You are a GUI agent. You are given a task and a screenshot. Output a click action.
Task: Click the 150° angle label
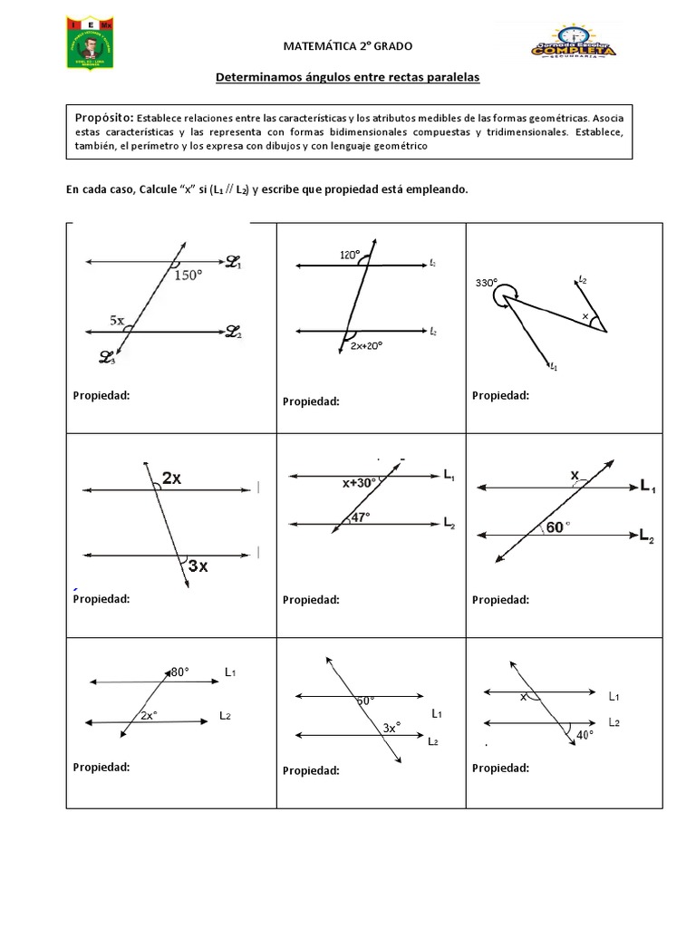(197, 276)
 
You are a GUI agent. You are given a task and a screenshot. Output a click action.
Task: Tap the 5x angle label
(117, 320)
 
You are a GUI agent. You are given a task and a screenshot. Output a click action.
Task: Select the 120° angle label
(350, 255)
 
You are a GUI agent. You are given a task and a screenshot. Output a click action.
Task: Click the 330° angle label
(486, 283)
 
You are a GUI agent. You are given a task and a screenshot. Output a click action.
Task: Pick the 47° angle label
(360, 517)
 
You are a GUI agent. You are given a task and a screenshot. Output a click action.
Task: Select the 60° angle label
(557, 527)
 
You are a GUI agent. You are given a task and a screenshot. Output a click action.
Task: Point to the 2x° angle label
(150, 715)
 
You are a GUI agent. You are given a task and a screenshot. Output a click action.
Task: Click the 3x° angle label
(391, 727)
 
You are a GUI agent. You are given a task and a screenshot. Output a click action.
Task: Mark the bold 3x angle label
(198, 566)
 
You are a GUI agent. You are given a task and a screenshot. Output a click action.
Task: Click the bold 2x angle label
(171, 479)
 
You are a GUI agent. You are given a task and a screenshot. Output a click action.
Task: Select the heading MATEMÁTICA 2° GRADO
(347, 46)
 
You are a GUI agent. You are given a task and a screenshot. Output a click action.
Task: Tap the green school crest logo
(89, 42)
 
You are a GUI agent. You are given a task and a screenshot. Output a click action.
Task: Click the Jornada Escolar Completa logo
(573, 42)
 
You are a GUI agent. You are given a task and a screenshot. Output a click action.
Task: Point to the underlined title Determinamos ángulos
(347, 78)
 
